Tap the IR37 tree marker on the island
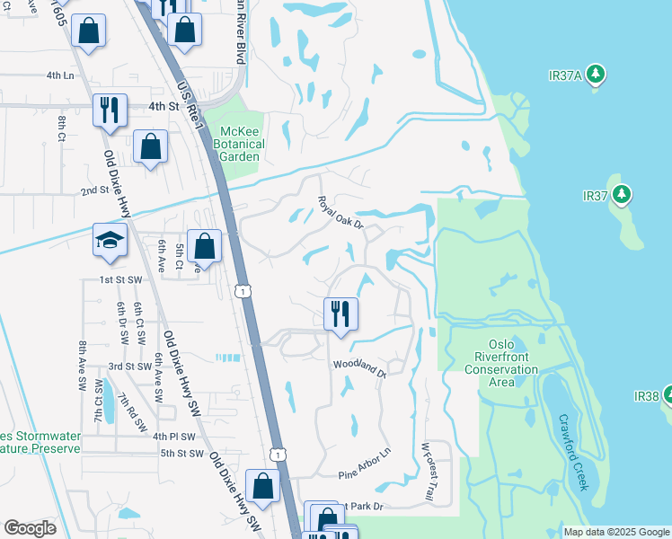(x=622, y=194)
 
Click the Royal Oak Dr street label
(x=340, y=212)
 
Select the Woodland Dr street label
(x=358, y=367)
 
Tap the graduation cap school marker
(x=110, y=241)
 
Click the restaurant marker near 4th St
(x=110, y=110)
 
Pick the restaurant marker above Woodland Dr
(x=340, y=314)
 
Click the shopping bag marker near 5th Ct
(x=205, y=245)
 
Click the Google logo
(x=30, y=528)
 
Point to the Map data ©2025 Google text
(x=615, y=532)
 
